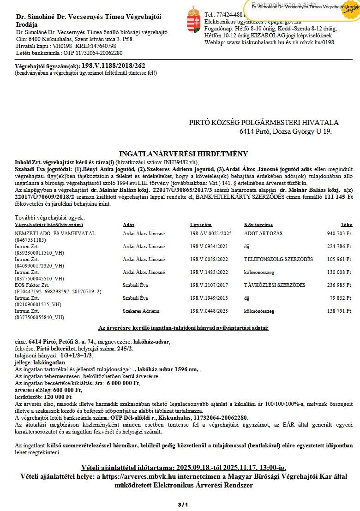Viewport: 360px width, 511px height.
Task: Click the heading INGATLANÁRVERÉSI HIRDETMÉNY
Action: click(183, 154)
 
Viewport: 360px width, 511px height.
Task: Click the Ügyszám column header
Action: click(200, 225)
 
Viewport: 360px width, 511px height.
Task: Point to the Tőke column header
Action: click(346, 225)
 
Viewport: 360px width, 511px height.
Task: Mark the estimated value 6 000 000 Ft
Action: click(123, 383)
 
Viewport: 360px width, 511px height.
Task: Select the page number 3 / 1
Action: click(183, 505)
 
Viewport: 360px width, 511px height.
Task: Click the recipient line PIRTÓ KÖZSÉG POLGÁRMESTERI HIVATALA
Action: click(264, 123)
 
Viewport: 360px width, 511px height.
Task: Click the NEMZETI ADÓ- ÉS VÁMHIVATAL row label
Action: click(55, 233)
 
